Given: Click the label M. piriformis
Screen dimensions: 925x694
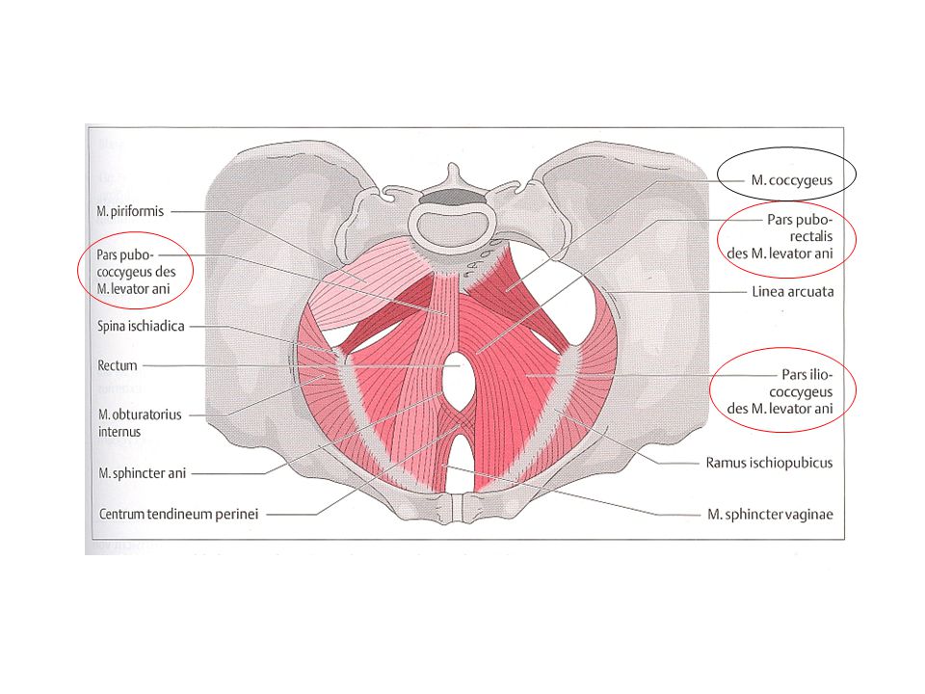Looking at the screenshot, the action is point(130,211).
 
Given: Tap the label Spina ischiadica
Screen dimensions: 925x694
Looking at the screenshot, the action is point(141,326).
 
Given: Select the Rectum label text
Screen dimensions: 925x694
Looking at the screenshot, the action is point(118,366).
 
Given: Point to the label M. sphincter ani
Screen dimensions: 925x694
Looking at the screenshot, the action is point(143,473).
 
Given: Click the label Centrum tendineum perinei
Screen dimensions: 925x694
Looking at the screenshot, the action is point(179,514).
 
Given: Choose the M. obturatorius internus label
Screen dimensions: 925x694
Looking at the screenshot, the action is point(140,422).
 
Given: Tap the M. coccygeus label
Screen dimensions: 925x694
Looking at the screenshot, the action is point(792,180).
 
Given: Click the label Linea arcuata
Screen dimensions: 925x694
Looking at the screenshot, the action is point(793,291).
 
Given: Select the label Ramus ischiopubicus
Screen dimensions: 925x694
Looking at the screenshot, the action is point(769,463).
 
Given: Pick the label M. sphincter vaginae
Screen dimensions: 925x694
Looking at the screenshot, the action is point(771,515).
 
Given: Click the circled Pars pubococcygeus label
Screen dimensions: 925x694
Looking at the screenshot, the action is point(136,272).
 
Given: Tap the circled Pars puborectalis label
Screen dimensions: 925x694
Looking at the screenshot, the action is point(780,237).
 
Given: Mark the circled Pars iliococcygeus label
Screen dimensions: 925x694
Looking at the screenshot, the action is point(780,391).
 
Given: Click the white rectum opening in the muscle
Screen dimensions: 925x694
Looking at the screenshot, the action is point(460,378).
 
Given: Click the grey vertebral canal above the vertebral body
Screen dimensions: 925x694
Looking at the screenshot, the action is point(454,197).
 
